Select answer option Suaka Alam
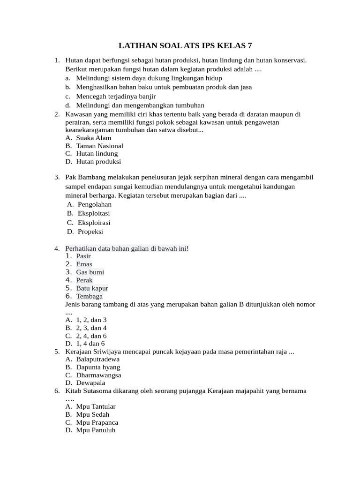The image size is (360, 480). pos(93,138)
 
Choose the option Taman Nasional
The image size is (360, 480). pos(99,146)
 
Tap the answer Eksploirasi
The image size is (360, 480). pos(94,223)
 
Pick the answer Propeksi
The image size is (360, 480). pos(90,232)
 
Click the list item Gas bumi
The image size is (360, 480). pos(90,272)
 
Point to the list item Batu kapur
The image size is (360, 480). pos(92,288)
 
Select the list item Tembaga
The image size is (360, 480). pos(89,296)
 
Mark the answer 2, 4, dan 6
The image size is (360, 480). pos(91,336)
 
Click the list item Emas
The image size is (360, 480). pos(84,264)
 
